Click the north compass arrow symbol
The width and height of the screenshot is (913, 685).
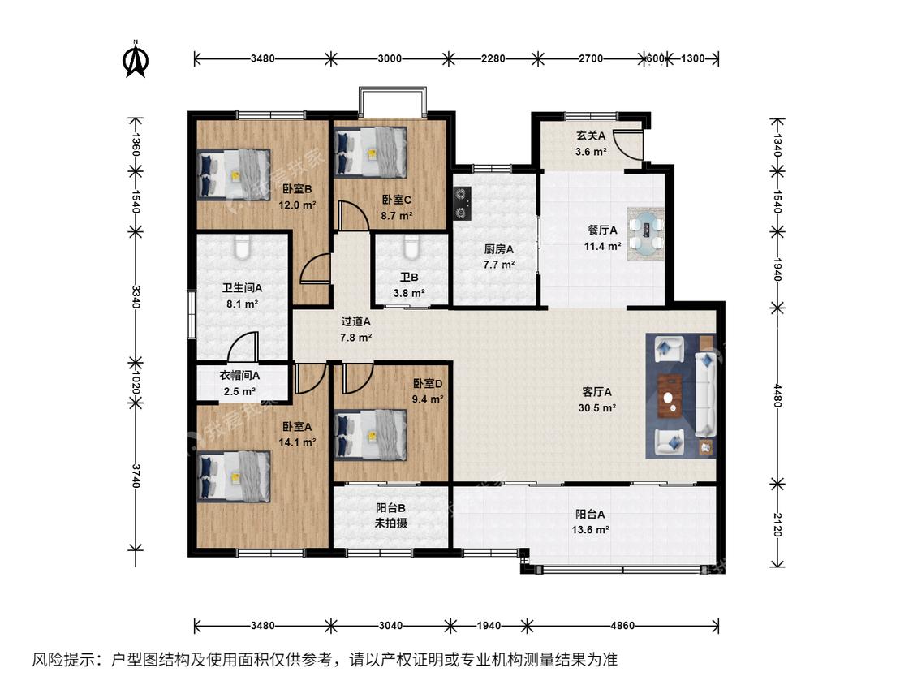pos(136,58)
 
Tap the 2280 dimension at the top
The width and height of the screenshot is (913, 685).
pos(493,58)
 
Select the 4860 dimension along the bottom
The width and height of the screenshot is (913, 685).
pos(622,626)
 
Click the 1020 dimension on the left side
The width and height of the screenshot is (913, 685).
pos(136,383)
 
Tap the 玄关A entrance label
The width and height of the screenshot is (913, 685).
pos(591,136)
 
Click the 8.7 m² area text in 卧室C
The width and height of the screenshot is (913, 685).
pos(397,216)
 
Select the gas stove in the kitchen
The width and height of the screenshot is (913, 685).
pos(463,203)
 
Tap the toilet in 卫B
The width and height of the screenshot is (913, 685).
pos(411,247)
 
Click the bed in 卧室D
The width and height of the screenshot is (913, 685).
pos(370,435)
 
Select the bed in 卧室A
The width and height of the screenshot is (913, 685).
pos(234,476)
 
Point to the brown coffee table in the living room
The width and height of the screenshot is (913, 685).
pos(671,397)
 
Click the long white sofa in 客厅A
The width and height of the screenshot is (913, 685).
pos(706,394)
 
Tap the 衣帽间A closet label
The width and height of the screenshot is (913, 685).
pos(239,376)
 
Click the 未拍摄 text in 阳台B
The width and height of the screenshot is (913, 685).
pos(390,523)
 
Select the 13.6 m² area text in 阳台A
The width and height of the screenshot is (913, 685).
pos(591,529)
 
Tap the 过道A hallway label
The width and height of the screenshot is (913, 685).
pos(355,321)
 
